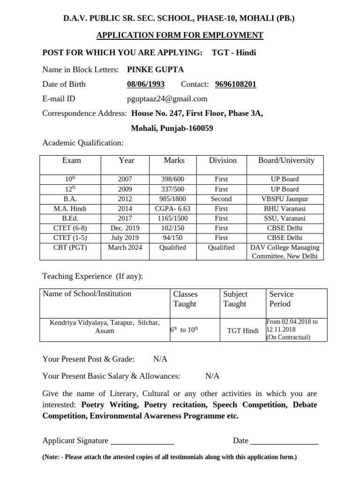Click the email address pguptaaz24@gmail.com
pyautogui.click(x=167, y=99)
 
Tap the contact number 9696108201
pyautogui.click(x=236, y=84)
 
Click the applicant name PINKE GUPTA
pyautogui.click(x=155, y=70)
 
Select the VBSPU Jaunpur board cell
pyautogui.click(x=285, y=199)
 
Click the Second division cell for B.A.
pyautogui.click(x=221, y=199)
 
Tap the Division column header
pyautogui.click(x=223, y=160)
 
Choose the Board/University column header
pyautogui.click(x=286, y=160)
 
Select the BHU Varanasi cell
pyautogui.click(x=285, y=209)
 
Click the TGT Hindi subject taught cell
pyautogui.click(x=243, y=331)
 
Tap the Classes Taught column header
pyautogui.click(x=186, y=299)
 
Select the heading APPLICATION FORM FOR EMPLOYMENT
pyautogui.click(x=180, y=36)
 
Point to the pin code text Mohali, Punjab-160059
pyautogui.click(x=172, y=128)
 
